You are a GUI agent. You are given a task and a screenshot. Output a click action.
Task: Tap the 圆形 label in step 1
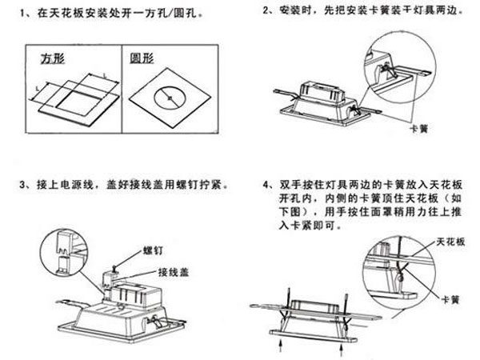[144, 59]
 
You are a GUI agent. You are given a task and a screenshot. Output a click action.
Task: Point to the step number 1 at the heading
[28, 15]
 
